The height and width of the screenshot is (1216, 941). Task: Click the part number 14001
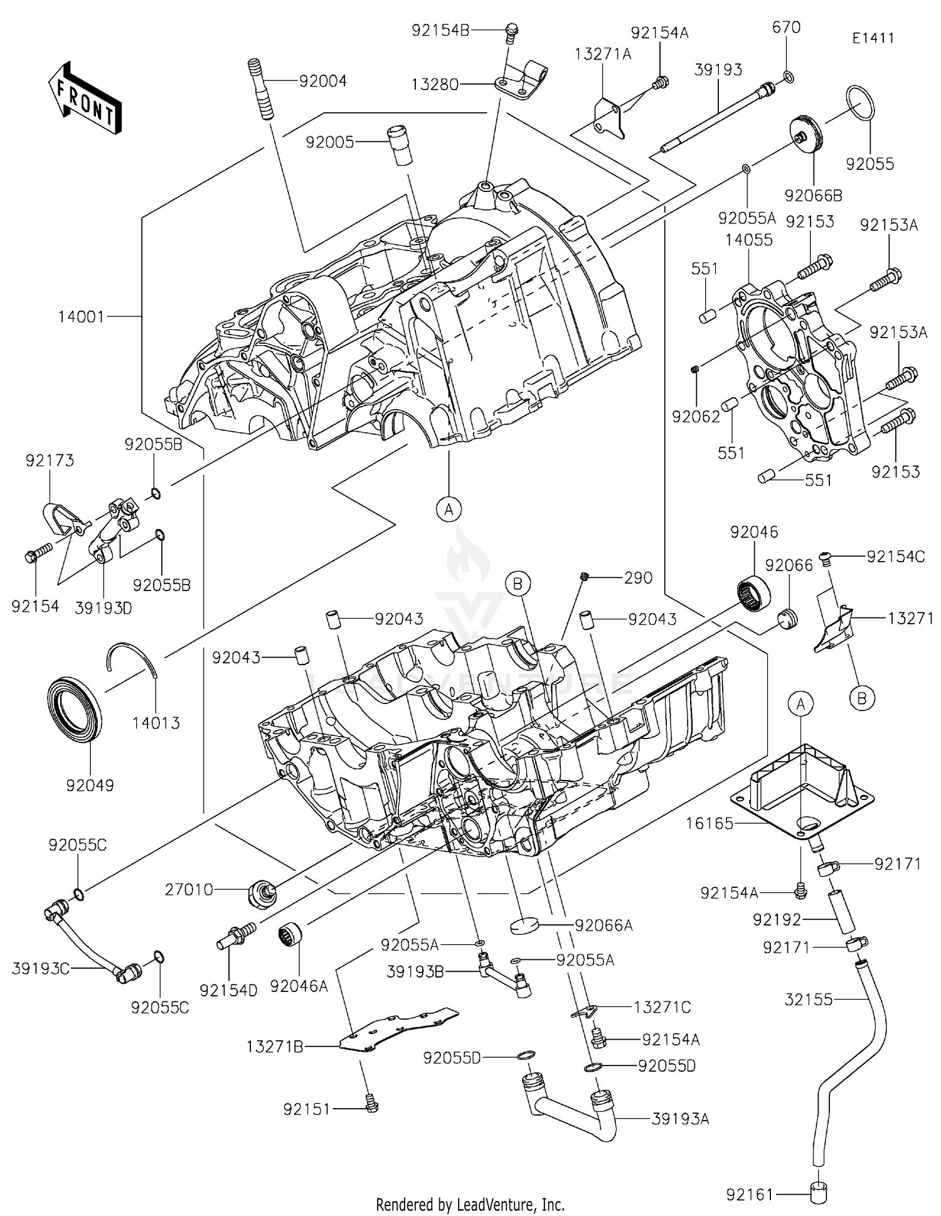point(81,317)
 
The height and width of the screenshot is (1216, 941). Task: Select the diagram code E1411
point(873,38)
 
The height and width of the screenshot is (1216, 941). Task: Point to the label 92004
point(322,81)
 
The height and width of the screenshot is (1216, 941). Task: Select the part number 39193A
point(680,1119)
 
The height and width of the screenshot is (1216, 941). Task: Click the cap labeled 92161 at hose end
point(818,1193)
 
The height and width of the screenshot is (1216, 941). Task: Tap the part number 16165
point(709,823)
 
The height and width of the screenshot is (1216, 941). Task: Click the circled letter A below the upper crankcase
point(449,509)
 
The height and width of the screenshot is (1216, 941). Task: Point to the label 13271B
point(275,1046)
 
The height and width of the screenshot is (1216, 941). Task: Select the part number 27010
point(189,889)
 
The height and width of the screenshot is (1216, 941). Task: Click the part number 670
point(786,27)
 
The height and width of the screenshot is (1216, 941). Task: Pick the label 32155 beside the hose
point(809,999)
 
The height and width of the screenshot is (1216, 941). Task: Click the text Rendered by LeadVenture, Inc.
point(470,1204)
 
